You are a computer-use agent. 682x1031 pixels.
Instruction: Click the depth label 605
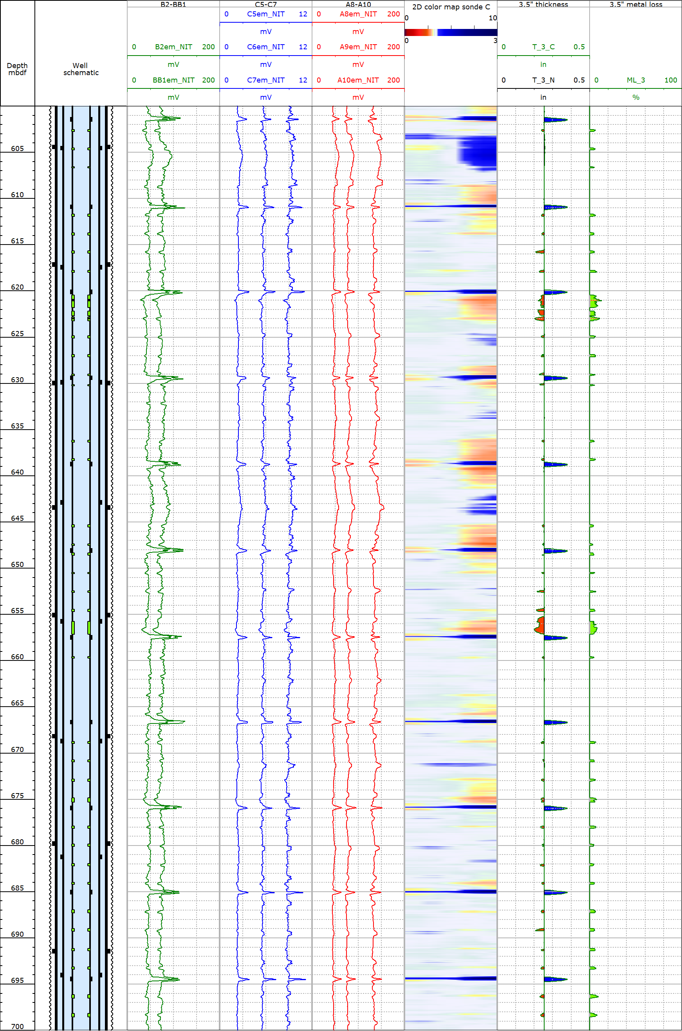(x=17, y=149)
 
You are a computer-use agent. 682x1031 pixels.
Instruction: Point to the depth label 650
(x=17, y=565)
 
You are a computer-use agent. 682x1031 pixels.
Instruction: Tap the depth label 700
(x=17, y=1027)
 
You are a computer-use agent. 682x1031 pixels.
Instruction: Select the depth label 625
(x=17, y=334)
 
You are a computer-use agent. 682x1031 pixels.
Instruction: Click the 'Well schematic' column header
(x=81, y=69)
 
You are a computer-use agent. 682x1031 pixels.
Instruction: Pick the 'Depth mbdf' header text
(x=17, y=69)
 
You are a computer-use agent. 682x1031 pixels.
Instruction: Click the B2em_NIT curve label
(x=173, y=47)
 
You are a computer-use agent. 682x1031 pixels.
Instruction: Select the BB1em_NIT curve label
(x=173, y=80)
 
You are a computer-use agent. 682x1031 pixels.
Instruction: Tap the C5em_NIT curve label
(x=266, y=14)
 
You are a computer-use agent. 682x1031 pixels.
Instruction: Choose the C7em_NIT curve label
(x=266, y=80)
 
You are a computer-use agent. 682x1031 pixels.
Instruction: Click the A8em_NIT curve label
(x=358, y=14)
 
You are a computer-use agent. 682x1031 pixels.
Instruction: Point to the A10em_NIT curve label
(x=358, y=80)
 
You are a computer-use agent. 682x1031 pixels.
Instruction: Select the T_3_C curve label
(x=544, y=47)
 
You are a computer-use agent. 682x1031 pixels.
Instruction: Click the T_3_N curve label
(x=544, y=80)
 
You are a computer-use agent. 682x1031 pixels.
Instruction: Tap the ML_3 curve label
(x=636, y=80)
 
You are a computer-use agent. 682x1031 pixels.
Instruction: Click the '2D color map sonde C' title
(x=451, y=7)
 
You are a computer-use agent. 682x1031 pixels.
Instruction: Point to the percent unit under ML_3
(x=636, y=97)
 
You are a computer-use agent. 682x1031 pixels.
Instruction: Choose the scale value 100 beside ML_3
(x=671, y=80)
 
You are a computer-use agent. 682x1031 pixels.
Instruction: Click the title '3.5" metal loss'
(x=636, y=4)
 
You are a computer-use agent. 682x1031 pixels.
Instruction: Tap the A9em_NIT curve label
(x=358, y=47)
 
